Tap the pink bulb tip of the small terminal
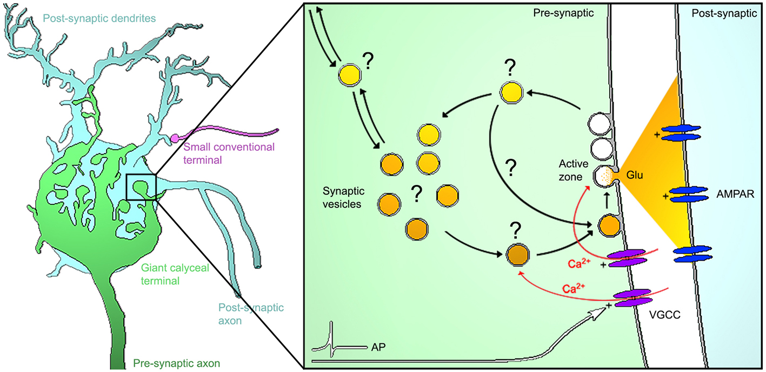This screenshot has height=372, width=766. (175, 138)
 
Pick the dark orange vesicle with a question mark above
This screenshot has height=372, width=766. (516, 254)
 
